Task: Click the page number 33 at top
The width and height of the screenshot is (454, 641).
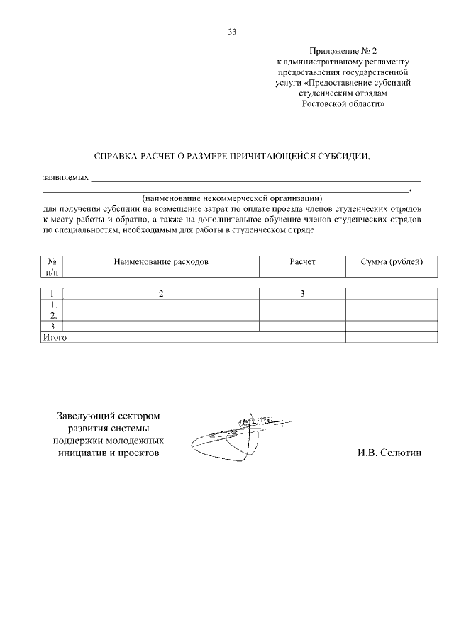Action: pos(232,32)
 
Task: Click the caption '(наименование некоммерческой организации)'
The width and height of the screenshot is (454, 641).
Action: pos(232,199)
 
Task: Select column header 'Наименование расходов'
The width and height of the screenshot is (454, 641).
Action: pos(161,262)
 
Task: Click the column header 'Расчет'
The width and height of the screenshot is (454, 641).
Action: pos(302,262)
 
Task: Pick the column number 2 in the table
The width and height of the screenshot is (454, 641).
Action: pos(161,294)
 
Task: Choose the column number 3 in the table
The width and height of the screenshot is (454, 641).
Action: pos(302,294)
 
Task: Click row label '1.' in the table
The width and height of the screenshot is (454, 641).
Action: pos(53,305)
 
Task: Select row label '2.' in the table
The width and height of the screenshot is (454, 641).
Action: pos(53,315)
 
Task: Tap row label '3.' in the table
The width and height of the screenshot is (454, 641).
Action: pos(53,327)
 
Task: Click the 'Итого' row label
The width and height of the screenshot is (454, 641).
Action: pos(55,338)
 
